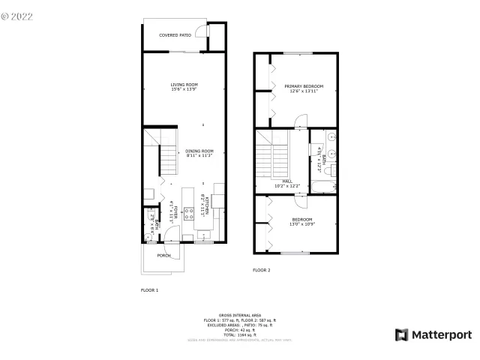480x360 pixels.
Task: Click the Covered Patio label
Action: [175, 34]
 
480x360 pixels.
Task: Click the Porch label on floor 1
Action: [163, 256]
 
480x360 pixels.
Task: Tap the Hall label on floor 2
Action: [287, 181]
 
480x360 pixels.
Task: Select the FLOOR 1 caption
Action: [150, 289]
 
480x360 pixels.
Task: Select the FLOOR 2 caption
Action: [262, 269]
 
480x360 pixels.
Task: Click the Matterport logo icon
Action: [402, 334]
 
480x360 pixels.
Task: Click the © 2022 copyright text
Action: [18, 15]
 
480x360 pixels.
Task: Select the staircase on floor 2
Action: [274, 154]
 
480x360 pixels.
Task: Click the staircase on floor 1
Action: [166, 157]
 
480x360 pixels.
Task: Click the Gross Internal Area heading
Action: [239, 315]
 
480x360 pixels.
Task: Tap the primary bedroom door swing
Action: [301, 120]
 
